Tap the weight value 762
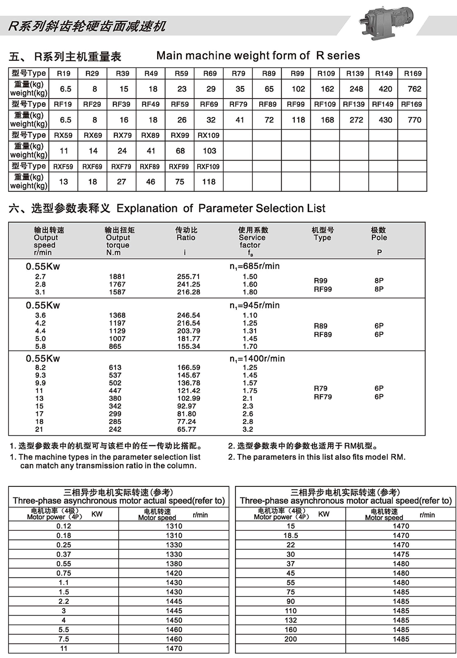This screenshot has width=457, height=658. click(414, 89)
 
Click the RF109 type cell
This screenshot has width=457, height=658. click(325, 104)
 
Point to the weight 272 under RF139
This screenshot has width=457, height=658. click(356, 120)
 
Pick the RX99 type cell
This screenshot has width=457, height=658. click(180, 135)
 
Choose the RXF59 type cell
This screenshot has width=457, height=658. click(63, 166)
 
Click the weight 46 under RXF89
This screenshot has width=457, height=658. click(150, 182)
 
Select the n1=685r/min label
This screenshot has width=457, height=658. click(255, 266)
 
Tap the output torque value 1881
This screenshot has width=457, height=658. click(117, 276)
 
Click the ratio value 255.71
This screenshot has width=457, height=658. click(189, 276)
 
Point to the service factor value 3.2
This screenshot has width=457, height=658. click(248, 429)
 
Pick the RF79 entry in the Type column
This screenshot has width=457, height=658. click(323, 397)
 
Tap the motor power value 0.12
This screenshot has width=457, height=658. click(64, 526)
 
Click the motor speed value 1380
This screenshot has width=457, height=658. click(174, 564)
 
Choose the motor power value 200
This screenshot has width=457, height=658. click(291, 639)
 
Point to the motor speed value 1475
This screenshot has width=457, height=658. click(401, 554)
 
